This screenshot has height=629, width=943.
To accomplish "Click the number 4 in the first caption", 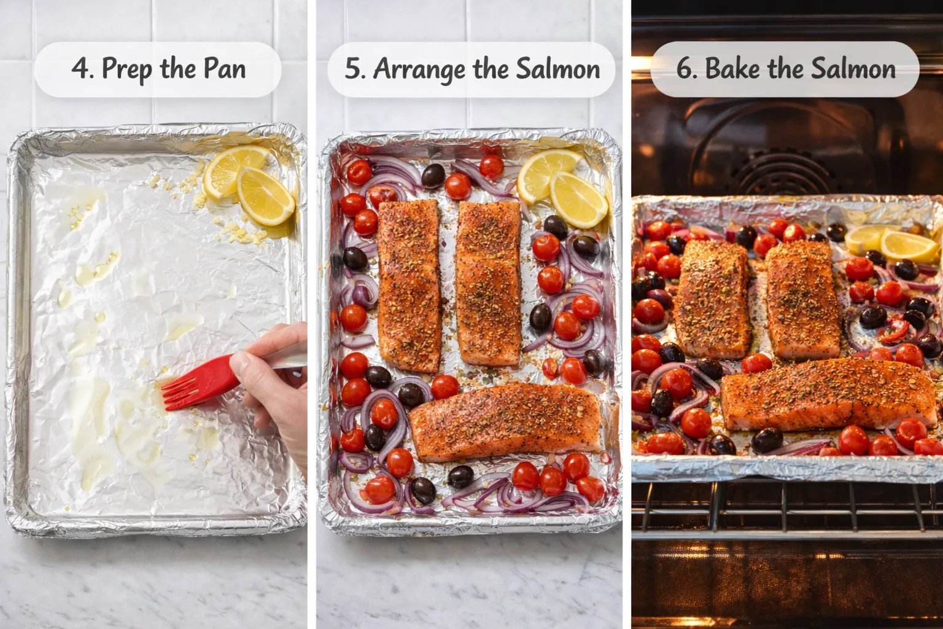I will coord(80,68).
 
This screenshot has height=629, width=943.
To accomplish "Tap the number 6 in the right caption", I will coord(685,68).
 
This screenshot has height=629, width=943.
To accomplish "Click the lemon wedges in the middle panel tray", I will coord(562,184).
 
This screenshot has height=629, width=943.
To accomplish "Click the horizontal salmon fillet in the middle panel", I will coord(505,423).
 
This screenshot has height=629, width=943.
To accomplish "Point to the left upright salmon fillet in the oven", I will coord(712,298).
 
